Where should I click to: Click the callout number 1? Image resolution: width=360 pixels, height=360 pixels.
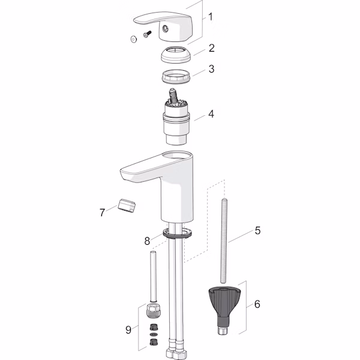[211, 17]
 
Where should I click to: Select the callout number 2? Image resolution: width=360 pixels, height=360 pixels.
[211, 48]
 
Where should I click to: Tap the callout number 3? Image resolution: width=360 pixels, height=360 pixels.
[211, 69]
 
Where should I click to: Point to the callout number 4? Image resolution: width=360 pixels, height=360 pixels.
[211, 114]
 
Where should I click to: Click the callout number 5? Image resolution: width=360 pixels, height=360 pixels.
[257, 230]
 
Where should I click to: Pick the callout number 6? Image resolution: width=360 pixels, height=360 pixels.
[257, 304]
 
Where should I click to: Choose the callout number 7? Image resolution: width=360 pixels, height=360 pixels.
[102, 212]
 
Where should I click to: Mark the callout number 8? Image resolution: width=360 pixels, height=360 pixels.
[147, 241]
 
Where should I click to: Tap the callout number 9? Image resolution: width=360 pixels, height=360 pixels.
[128, 329]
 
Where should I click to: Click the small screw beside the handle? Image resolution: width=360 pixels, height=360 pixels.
[147, 34]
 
